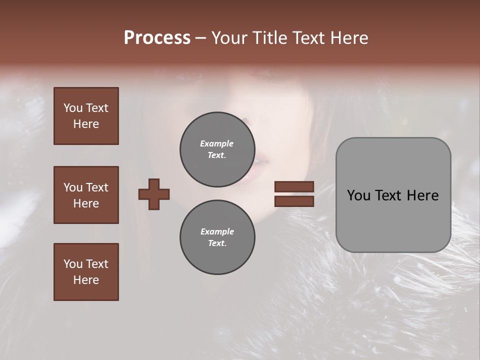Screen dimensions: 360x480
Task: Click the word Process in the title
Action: [157, 38]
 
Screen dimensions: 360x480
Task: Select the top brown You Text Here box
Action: [86, 116]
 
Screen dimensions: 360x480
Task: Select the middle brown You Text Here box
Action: [86, 195]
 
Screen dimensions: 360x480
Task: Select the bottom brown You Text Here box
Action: [86, 272]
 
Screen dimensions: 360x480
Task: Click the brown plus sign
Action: [154, 194]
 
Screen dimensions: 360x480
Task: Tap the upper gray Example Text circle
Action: [217, 149]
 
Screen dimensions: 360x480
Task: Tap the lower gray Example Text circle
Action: [217, 237]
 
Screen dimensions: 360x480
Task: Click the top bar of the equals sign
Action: [294, 186]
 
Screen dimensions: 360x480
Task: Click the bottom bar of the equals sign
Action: [294, 201]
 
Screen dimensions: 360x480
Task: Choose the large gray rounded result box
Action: [393, 195]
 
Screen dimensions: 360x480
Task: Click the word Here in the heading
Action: [348, 38]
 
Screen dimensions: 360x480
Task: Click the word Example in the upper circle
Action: [217, 143]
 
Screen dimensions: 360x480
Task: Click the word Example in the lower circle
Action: [217, 231]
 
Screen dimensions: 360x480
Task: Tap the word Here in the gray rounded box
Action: [422, 195]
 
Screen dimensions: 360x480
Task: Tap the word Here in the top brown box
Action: [86, 124]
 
